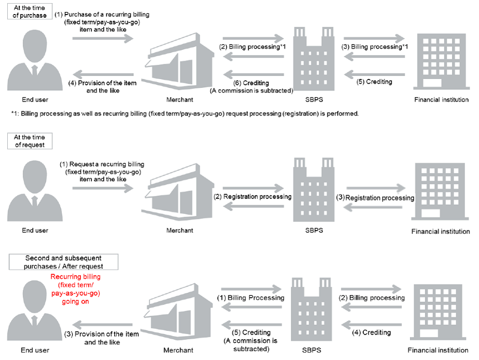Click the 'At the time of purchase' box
[x=30, y=11]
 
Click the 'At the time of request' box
[x=30, y=141]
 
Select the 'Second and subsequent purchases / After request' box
[x=63, y=262]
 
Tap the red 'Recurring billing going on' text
[x=75, y=289]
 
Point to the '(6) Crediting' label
[x=251, y=83]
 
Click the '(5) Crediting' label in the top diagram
[x=374, y=82]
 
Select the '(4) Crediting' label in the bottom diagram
[x=371, y=332]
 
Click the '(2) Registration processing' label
[x=253, y=196]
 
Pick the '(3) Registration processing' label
[x=375, y=198]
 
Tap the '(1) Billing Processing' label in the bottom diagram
[x=251, y=298]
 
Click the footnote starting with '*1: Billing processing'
[x=185, y=113]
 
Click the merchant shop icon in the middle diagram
[x=178, y=192]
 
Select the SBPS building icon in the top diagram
[x=314, y=59]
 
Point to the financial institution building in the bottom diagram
[x=438, y=312]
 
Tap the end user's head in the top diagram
[x=35, y=46]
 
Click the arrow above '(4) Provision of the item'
[x=103, y=74]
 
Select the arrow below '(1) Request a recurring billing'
[x=103, y=188]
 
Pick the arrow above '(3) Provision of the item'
[x=102, y=325]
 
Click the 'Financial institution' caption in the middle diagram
[x=441, y=232]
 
